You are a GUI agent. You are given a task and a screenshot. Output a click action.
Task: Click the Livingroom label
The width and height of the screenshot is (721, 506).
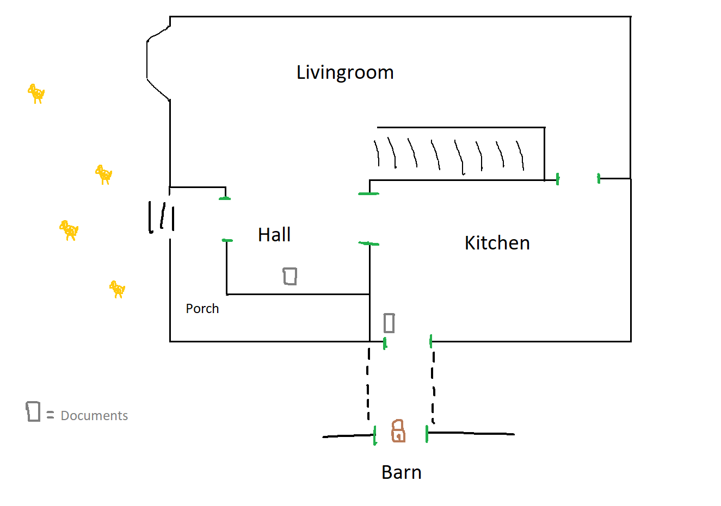point(345,72)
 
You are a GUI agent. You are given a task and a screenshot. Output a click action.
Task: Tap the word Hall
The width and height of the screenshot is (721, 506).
point(274,235)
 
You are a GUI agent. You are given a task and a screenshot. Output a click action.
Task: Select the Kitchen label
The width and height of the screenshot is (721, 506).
point(497,243)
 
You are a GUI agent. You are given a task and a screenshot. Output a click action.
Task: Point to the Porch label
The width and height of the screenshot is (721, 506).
point(202,309)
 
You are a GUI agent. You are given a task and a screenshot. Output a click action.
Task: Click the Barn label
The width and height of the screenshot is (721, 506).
point(402,472)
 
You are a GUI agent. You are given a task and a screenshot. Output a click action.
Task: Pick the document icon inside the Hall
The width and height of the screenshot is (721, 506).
point(290,276)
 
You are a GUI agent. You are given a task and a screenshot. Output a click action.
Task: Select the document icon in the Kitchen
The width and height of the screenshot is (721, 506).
point(389,323)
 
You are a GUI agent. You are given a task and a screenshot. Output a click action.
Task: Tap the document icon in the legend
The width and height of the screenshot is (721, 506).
point(33,411)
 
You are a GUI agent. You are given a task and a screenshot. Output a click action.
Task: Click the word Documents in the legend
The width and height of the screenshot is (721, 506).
point(94,416)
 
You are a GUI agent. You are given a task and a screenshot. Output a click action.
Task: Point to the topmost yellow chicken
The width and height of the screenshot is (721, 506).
point(36,93)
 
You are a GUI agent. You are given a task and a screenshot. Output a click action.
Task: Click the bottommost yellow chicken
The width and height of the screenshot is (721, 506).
point(118,289)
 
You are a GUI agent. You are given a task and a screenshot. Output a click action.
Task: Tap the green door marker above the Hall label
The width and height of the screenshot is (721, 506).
point(225,198)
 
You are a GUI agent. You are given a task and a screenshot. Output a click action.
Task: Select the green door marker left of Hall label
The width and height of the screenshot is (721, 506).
point(227,240)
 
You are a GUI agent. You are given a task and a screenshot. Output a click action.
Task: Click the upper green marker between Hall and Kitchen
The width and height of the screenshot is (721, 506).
point(369,193)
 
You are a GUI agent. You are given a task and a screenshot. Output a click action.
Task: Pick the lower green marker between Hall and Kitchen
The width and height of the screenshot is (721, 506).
point(369,243)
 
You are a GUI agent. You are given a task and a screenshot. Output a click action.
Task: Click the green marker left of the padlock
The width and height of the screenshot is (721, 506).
point(375,436)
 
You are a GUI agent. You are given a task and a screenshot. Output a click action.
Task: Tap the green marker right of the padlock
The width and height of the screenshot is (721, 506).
point(427,434)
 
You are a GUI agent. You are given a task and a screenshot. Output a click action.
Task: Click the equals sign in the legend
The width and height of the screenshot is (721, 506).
point(51,416)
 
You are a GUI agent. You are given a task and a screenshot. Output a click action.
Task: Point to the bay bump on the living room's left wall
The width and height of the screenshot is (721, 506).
point(155,63)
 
